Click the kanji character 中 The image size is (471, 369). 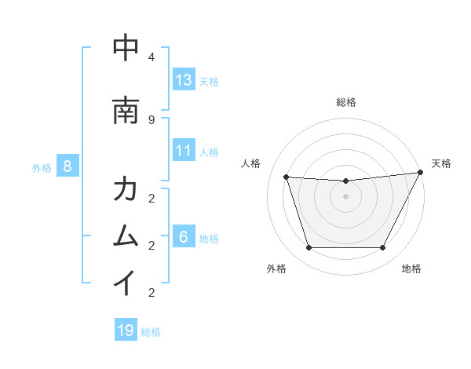coord(126,49)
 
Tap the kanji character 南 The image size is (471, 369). coord(126,111)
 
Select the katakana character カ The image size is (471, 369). coord(126,189)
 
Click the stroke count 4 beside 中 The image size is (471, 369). coord(152,57)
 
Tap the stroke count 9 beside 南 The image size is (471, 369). coord(152,119)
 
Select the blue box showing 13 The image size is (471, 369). coord(184,80)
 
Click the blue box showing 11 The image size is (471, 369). coord(184,151)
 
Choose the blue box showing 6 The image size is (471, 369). coord(184,237)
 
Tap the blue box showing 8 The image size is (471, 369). coord(68,166)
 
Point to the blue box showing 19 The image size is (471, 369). coord(126,331)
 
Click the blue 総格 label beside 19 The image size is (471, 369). coord(151,332)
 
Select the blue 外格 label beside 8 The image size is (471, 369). coord(42,167)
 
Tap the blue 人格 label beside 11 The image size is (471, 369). coord(209,152)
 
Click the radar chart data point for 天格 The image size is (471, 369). coord(422,172)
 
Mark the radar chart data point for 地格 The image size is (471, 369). coord(382,248)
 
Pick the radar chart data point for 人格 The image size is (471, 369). coord(287,177)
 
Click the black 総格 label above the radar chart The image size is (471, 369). coord(346,102)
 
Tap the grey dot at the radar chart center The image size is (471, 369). coord(345,196)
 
